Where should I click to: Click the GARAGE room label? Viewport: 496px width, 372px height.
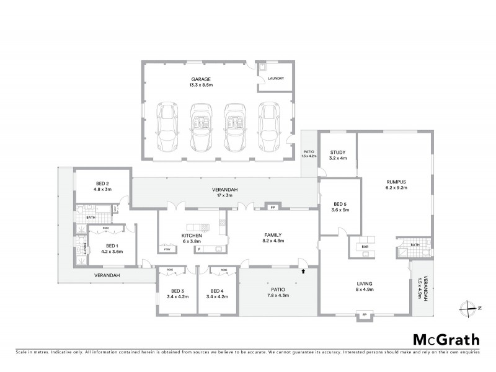point(201,79)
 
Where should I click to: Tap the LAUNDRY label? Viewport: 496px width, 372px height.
point(276,79)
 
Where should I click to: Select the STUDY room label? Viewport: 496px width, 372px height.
point(337,153)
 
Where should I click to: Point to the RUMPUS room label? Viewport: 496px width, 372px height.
point(394,182)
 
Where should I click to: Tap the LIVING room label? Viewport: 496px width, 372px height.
point(365,283)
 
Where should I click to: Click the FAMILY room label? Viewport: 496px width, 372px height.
point(273,235)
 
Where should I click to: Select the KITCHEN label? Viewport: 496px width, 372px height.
point(190,236)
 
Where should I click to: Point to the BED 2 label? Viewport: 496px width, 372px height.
point(102,184)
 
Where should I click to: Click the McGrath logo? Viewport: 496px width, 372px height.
point(446,339)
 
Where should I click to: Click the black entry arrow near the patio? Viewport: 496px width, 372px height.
point(304,270)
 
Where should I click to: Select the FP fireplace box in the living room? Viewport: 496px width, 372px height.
point(365,315)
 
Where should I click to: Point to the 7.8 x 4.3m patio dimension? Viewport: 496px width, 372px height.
point(277,296)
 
